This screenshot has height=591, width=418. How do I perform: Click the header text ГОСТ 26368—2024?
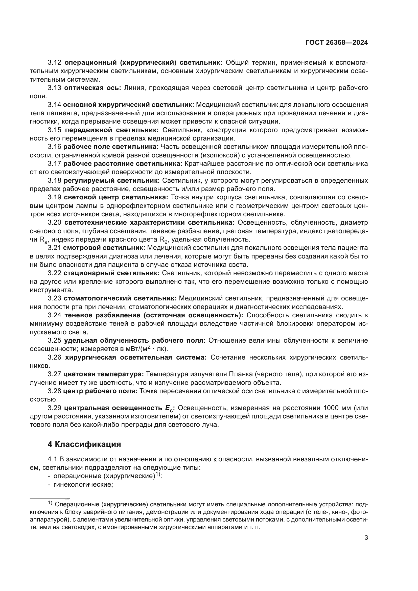tap(337, 43)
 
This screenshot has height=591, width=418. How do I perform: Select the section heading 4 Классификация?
tap(84, 444)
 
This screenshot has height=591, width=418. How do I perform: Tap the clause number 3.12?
tap(55, 63)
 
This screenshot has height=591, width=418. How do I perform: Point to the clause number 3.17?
tap(55, 164)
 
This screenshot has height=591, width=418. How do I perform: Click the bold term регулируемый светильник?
tap(111, 180)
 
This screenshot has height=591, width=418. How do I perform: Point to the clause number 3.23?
tap(55, 298)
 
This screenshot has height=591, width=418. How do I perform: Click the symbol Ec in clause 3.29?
tap(169, 408)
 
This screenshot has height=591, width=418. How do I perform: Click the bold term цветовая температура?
tap(103, 374)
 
